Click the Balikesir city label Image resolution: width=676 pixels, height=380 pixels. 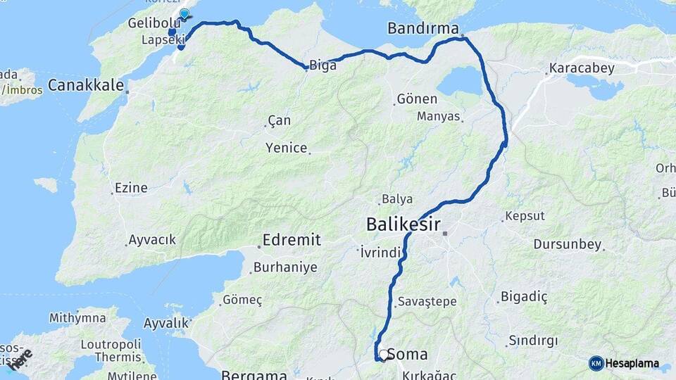pos(403,224)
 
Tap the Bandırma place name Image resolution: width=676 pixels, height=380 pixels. pos(423,29)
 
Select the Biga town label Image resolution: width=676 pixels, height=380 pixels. pos(323,65)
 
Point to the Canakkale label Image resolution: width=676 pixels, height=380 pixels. pos(86,86)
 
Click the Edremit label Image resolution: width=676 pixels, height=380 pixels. pos(292,241)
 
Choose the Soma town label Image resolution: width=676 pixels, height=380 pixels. pos(413,354)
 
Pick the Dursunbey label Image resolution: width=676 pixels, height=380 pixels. pos(567,245)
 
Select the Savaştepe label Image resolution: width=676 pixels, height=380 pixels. pos(427,301)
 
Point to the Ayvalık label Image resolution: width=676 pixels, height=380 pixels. pos(167,323)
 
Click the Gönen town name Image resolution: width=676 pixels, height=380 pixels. pos(417,99)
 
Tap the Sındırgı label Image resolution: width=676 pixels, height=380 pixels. pos(533,341)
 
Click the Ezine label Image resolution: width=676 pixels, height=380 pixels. pos(131,188)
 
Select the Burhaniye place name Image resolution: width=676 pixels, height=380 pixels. pos(285,267)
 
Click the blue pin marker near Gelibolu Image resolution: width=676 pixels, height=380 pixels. pos(184,13)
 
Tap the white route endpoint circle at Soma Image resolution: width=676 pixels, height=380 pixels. pos(383,355)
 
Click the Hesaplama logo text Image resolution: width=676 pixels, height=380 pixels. pos(632,364)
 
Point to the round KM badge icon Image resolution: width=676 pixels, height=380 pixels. pos(596,363)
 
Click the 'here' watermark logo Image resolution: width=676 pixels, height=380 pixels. pos(20,359)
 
